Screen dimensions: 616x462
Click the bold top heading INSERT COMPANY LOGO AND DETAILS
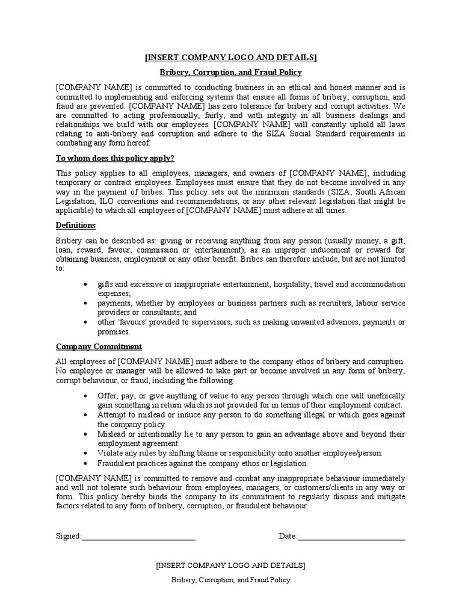click(231, 57)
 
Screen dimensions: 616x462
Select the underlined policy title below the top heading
click(231, 72)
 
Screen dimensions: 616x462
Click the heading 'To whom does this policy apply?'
click(115, 158)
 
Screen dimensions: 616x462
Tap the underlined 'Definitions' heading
click(76, 225)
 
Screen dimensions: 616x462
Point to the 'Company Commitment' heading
click(99, 346)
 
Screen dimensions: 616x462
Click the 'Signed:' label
click(68, 536)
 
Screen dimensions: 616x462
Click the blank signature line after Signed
click(138, 537)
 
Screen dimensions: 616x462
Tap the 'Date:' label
click(288, 536)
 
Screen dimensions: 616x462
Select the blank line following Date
click(351, 537)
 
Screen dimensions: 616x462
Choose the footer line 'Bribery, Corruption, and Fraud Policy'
click(231, 580)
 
